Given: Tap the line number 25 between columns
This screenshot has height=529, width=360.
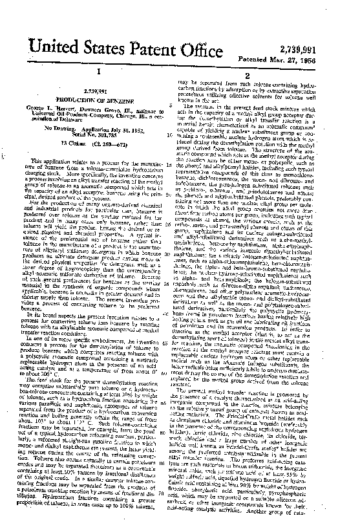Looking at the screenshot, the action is point(170,230).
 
